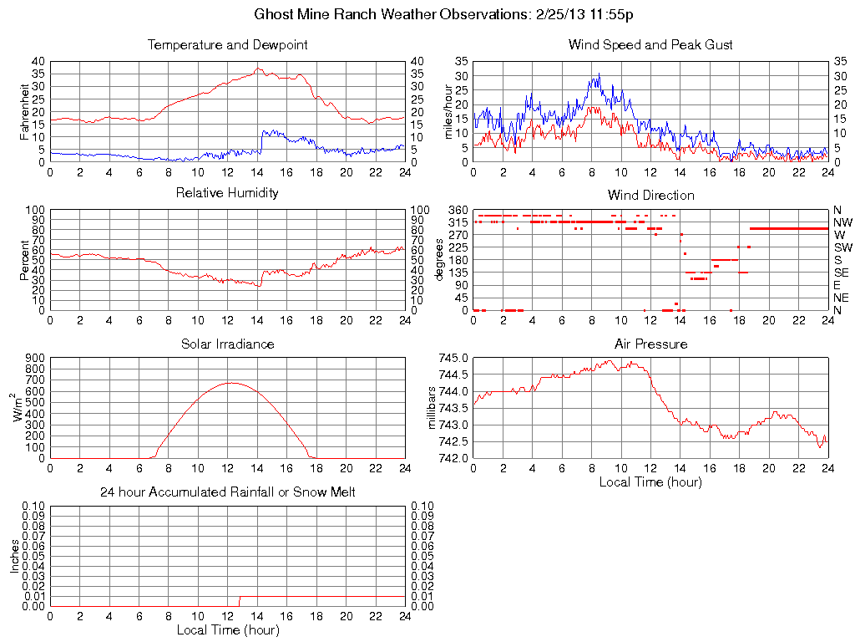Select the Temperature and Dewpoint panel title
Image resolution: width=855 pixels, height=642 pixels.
(x=228, y=44)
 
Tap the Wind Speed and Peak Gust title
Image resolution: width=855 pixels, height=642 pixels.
(x=650, y=44)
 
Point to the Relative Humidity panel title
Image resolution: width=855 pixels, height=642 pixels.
(x=228, y=193)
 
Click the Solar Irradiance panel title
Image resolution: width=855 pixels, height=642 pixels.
(x=228, y=344)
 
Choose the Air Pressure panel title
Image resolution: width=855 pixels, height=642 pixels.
(x=650, y=344)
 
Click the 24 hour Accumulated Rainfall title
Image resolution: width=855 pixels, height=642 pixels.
(x=228, y=492)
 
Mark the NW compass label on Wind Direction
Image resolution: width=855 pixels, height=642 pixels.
(x=842, y=222)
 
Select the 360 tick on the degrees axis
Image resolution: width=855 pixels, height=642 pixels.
(x=457, y=210)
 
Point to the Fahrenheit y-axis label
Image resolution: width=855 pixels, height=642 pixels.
(x=25, y=111)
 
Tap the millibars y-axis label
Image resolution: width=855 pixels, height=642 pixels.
(x=433, y=407)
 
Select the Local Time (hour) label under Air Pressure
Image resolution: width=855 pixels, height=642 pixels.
(x=650, y=481)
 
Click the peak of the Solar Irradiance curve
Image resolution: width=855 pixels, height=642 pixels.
(x=230, y=383)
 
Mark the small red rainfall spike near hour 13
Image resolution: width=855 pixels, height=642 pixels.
(x=240, y=600)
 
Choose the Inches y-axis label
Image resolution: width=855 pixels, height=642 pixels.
(x=14, y=556)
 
